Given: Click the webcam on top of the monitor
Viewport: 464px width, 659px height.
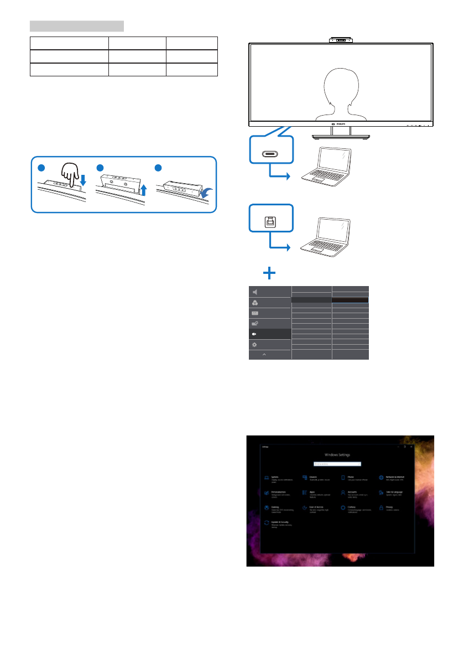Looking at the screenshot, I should click(x=341, y=40).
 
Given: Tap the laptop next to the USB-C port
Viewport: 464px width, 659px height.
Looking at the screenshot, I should click(x=326, y=165).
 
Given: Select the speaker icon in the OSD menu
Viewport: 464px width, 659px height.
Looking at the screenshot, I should click(x=255, y=292).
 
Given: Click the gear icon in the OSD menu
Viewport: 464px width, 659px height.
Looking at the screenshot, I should click(x=255, y=344).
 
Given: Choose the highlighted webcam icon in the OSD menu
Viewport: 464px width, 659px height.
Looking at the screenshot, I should click(x=255, y=334).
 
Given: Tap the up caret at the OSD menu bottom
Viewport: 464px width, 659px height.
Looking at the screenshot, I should click(x=264, y=354).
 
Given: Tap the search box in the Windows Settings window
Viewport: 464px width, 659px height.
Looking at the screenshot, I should click(x=337, y=464).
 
